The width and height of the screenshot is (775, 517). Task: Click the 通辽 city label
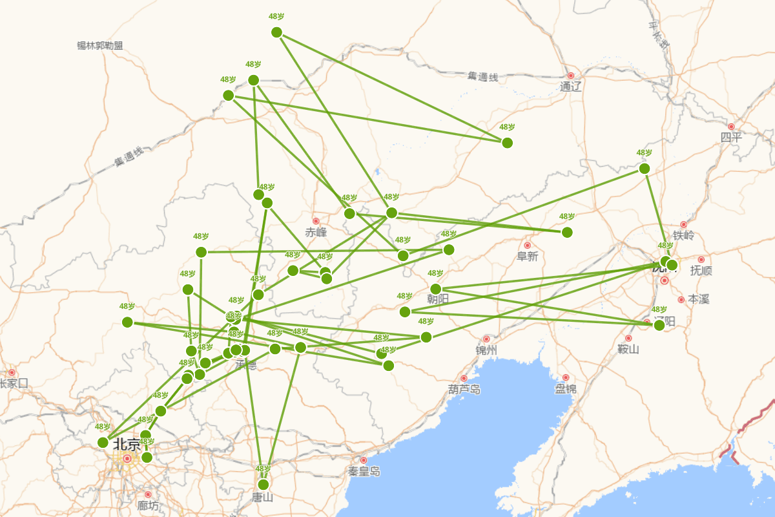point(571,87)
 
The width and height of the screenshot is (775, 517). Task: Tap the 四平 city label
point(731,137)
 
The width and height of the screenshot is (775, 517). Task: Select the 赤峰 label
point(316,233)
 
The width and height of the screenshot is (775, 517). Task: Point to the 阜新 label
point(527,257)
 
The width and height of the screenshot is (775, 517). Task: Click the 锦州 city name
point(486,350)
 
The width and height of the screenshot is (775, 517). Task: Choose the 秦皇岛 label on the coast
point(364,471)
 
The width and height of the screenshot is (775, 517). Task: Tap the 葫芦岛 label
point(464,389)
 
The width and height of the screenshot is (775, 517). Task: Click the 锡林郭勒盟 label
point(99,46)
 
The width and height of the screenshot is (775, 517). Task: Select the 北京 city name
point(127,445)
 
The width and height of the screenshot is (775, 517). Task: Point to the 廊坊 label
point(147,505)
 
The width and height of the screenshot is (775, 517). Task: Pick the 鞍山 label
point(628,349)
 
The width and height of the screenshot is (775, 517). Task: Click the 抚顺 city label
point(701,270)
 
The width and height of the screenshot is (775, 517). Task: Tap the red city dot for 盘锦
point(566,377)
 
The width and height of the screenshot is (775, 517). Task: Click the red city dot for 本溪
point(681,300)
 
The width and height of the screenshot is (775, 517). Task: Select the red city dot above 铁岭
point(683,225)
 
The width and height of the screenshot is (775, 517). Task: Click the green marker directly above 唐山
point(263,485)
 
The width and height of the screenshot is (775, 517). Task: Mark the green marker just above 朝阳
point(436,289)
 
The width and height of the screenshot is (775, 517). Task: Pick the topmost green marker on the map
point(277,32)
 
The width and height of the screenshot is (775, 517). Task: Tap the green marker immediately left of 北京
point(103,442)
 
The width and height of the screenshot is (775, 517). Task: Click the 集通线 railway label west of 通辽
point(483,78)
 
